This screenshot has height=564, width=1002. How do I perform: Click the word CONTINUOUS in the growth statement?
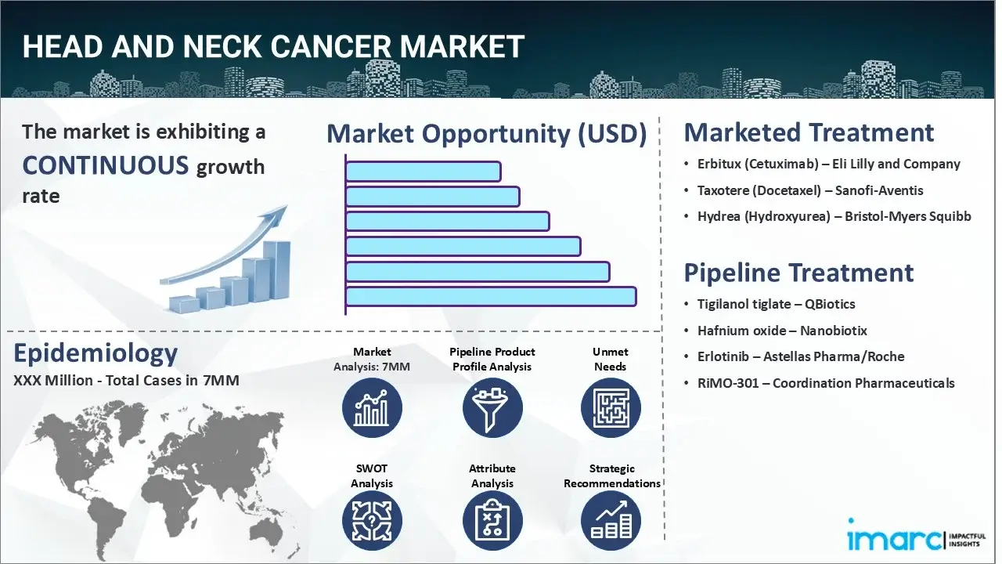pos(106,165)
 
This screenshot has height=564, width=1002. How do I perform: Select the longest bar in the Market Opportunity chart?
pos(491,296)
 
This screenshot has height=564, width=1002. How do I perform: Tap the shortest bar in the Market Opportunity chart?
pos(423,171)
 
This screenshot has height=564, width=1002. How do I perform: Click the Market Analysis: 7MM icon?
pos(372,408)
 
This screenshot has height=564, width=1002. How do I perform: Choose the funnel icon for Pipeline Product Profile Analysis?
pos(492,408)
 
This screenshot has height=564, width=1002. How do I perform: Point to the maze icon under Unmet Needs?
pos(611,408)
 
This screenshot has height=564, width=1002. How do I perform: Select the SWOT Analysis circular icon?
pos(372,522)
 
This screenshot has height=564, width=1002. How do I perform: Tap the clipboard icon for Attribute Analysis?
pos(492,522)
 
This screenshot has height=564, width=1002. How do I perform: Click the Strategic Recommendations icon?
pos(611,522)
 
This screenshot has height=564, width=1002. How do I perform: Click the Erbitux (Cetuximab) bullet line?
pos(828,164)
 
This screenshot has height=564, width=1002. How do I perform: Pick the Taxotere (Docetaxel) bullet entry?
pos(810,190)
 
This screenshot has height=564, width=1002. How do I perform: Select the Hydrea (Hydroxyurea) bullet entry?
pos(834,216)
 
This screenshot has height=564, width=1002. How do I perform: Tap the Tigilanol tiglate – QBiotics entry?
pos(776,304)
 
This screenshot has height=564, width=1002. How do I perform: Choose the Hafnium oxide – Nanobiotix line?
pos(782,331)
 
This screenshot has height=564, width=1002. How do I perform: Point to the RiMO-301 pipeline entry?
pos(825,383)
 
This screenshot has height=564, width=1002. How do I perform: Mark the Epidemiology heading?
pos(96,353)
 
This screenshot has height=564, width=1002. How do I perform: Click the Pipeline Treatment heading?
pos(798,273)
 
